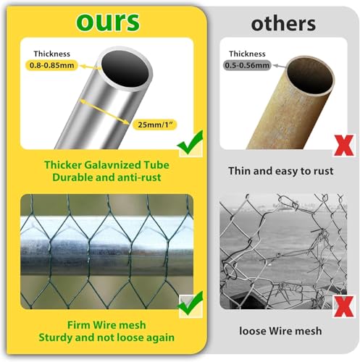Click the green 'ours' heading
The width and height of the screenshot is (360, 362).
(108, 22)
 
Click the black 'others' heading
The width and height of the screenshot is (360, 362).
(283, 24)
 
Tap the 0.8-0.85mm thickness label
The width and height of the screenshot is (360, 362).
(51, 65)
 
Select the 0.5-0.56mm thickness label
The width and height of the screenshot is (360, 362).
(247, 65)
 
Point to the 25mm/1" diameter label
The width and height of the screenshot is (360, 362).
(155, 125)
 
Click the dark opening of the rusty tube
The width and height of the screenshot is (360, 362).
(310, 75)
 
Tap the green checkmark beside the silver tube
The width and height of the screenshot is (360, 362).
(191, 143)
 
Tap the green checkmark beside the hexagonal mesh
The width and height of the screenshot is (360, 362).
(191, 303)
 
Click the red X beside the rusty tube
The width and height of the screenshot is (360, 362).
(344, 145)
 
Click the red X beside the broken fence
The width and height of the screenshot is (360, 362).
(344, 306)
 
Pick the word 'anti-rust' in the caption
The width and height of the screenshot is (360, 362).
(139, 177)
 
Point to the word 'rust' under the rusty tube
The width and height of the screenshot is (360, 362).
(324, 171)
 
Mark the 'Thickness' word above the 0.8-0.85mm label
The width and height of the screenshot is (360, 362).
(52, 54)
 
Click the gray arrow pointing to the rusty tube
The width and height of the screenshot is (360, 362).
(278, 65)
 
